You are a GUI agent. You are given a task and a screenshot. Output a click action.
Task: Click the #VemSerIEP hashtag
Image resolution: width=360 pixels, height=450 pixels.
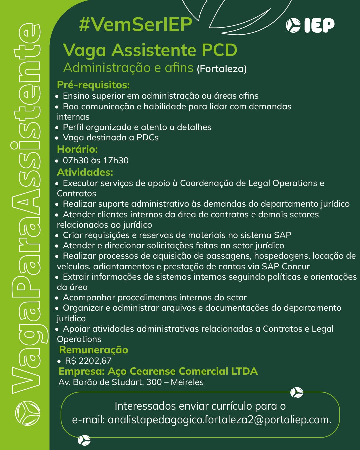tap(136, 24)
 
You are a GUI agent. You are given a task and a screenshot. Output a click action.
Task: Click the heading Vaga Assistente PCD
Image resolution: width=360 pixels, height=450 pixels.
tap(150, 50)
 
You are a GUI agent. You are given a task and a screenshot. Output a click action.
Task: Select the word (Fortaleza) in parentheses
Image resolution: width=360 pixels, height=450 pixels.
tap(222, 69)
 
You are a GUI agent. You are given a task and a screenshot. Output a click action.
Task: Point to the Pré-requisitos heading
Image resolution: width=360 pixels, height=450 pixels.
tap(93, 85)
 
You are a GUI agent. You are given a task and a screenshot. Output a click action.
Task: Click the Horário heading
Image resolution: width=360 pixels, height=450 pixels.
tap(77, 149)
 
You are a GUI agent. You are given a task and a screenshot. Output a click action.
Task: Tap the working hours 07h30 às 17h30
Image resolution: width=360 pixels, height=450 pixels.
tap(96, 161)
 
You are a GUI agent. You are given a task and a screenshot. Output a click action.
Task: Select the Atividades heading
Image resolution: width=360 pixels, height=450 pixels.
tap(85, 172)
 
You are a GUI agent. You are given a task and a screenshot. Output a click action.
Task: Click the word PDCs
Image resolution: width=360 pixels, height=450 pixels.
tap(147, 138)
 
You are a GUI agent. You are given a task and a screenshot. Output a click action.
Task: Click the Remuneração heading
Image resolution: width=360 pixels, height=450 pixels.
tap(94, 350)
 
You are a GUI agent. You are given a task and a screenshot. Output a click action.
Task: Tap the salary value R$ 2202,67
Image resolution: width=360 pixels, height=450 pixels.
tap(88, 361)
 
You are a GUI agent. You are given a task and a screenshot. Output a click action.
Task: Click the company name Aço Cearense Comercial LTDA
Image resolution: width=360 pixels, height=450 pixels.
tap(183, 371)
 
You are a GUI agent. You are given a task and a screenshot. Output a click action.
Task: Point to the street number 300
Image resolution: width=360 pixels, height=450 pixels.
tap(154, 382)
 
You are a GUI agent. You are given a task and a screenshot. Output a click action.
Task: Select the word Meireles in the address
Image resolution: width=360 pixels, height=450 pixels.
tap(187, 382)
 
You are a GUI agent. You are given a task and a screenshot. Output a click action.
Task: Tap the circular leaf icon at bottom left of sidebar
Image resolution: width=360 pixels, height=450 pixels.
tap(28, 413)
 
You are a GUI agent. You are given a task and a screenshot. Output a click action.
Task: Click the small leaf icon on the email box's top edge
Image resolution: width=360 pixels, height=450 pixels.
tap(296, 393)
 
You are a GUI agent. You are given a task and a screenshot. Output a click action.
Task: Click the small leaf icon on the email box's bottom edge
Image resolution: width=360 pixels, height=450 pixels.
tap(84, 440)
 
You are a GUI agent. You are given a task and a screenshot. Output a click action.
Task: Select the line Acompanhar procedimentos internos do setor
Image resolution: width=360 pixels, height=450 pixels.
tap(155, 298)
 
